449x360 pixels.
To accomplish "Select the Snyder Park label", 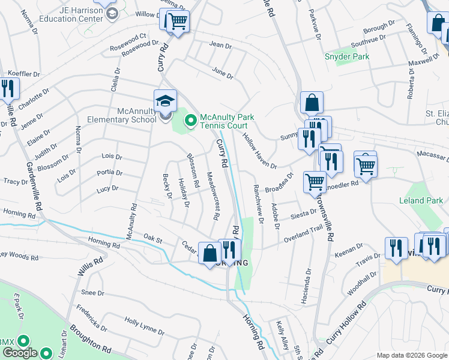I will pos(347,56).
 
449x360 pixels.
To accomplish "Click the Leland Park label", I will pos(421,200).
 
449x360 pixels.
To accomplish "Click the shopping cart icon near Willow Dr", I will pos(177,22).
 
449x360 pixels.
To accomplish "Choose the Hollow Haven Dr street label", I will pos(259,150).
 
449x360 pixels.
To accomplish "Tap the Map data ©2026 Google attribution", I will pos(412,355).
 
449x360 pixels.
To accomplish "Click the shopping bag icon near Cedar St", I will pos(209,253).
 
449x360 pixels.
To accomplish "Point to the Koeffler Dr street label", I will pos(23,74).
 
